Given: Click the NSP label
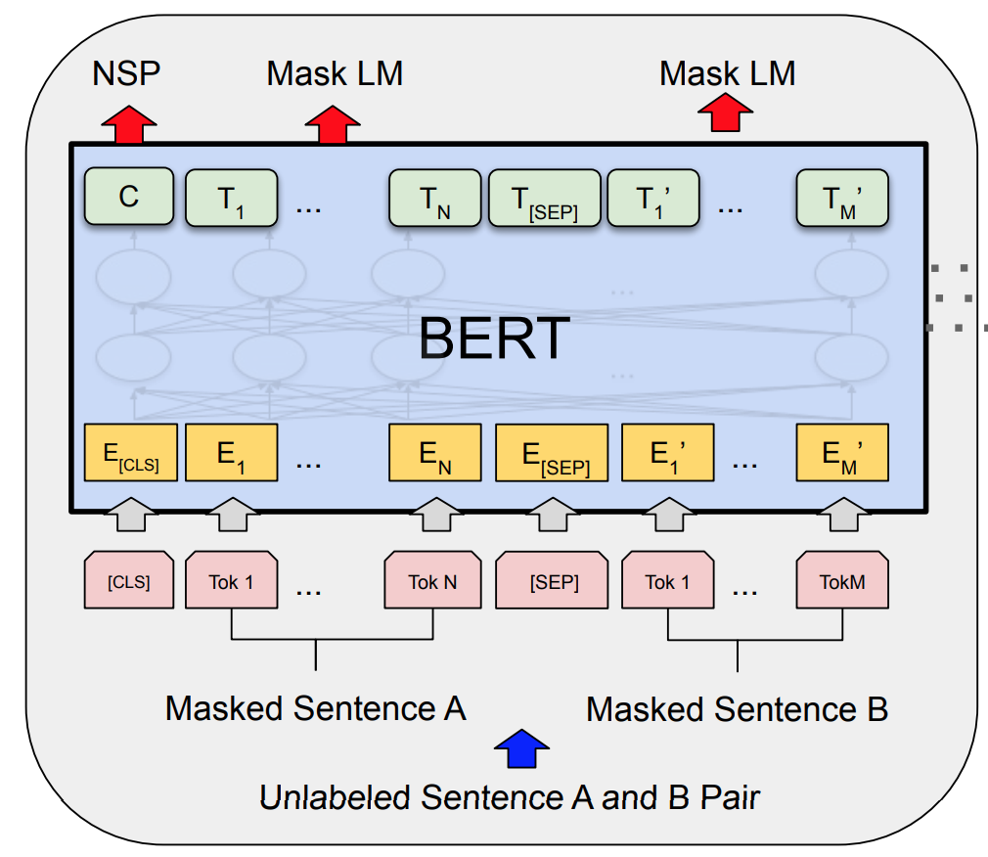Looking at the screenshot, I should tap(125, 73).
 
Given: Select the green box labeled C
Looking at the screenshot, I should tap(129, 197).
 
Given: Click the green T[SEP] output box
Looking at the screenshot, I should tap(545, 199).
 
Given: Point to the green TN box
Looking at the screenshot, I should tap(435, 199).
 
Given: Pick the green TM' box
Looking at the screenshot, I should tap(842, 199).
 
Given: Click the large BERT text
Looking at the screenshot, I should tap(494, 339).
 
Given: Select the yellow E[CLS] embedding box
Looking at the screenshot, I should tap(130, 453).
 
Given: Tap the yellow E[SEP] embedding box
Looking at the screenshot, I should tap(552, 453).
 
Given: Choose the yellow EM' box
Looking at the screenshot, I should tap(842, 453).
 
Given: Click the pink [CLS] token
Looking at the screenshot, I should tap(129, 582).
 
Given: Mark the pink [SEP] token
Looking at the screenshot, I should tap(554, 582).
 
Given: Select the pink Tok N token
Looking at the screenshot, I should tap(432, 582).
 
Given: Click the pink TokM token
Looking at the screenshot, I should tap(842, 582).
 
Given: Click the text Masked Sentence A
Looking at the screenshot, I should tap(315, 707).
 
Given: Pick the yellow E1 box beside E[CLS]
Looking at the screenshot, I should tap(232, 453).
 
